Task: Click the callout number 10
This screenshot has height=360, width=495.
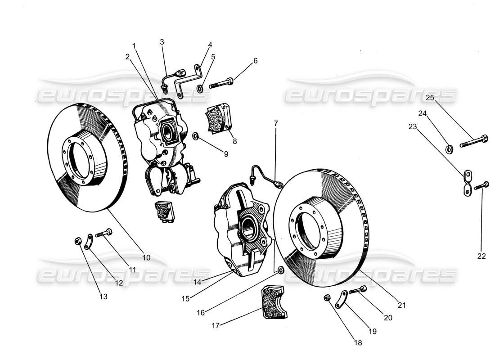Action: click(x=146, y=258)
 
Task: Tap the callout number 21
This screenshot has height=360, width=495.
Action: click(x=402, y=305)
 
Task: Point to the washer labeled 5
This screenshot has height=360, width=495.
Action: click(x=200, y=86)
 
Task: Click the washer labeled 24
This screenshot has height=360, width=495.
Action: click(x=449, y=149)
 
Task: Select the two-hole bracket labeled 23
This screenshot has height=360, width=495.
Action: click(x=467, y=183)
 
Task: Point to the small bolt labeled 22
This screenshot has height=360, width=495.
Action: click(x=482, y=184)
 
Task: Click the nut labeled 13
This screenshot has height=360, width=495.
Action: click(x=77, y=242)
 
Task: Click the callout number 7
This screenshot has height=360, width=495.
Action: click(x=276, y=123)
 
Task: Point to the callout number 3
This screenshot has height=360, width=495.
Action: click(x=162, y=42)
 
